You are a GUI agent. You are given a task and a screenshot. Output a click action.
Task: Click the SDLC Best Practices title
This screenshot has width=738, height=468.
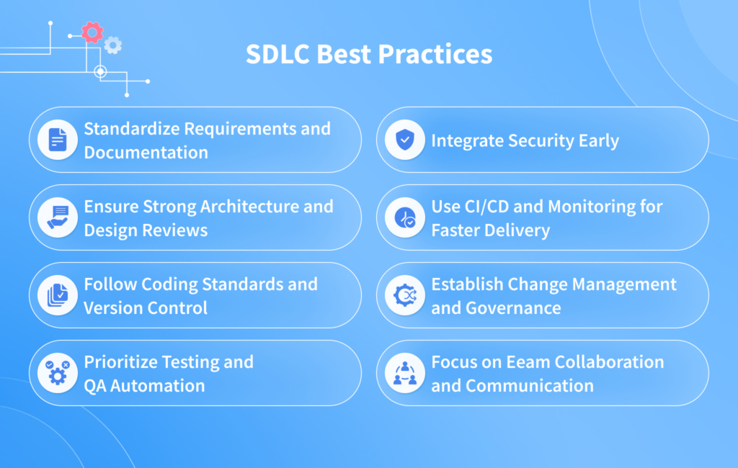click(x=369, y=55)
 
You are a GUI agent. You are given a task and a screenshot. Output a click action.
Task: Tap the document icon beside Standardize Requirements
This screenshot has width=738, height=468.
click(x=58, y=140)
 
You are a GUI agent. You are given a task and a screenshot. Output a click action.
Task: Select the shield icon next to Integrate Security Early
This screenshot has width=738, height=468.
click(x=404, y=140)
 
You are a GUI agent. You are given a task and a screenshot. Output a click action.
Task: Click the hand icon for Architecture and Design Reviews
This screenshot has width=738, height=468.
click(x=58, y=217)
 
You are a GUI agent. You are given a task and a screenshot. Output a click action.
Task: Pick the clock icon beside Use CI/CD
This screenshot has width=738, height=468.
click(x=404, y=217)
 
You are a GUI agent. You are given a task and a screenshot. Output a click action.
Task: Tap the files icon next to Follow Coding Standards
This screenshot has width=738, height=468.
click(x=58, y=295)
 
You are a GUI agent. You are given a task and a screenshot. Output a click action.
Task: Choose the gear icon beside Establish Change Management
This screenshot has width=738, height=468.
click(x=404, y=295)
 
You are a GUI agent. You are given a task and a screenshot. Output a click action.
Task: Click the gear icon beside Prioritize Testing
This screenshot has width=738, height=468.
click(x=58, y=373)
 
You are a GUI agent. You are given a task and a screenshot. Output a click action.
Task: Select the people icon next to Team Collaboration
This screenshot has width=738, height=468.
click(x=404, y=373)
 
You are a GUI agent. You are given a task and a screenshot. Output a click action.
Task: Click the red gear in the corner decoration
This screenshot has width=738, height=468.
click(x=92, y=32)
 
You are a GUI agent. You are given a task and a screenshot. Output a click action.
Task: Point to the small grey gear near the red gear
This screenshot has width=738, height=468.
click(x=112, y=45)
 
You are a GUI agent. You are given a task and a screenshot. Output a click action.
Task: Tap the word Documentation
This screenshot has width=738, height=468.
click(x=146, y=152)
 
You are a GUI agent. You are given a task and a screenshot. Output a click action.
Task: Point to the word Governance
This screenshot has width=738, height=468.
click(x=515, y=307)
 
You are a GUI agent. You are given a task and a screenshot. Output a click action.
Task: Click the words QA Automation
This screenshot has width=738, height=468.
click(x=144, y=385)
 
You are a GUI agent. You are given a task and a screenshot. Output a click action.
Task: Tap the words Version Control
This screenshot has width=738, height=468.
click(x=146, y=307)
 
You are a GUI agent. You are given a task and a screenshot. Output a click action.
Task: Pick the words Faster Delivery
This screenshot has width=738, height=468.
click(x=490, y=230)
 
